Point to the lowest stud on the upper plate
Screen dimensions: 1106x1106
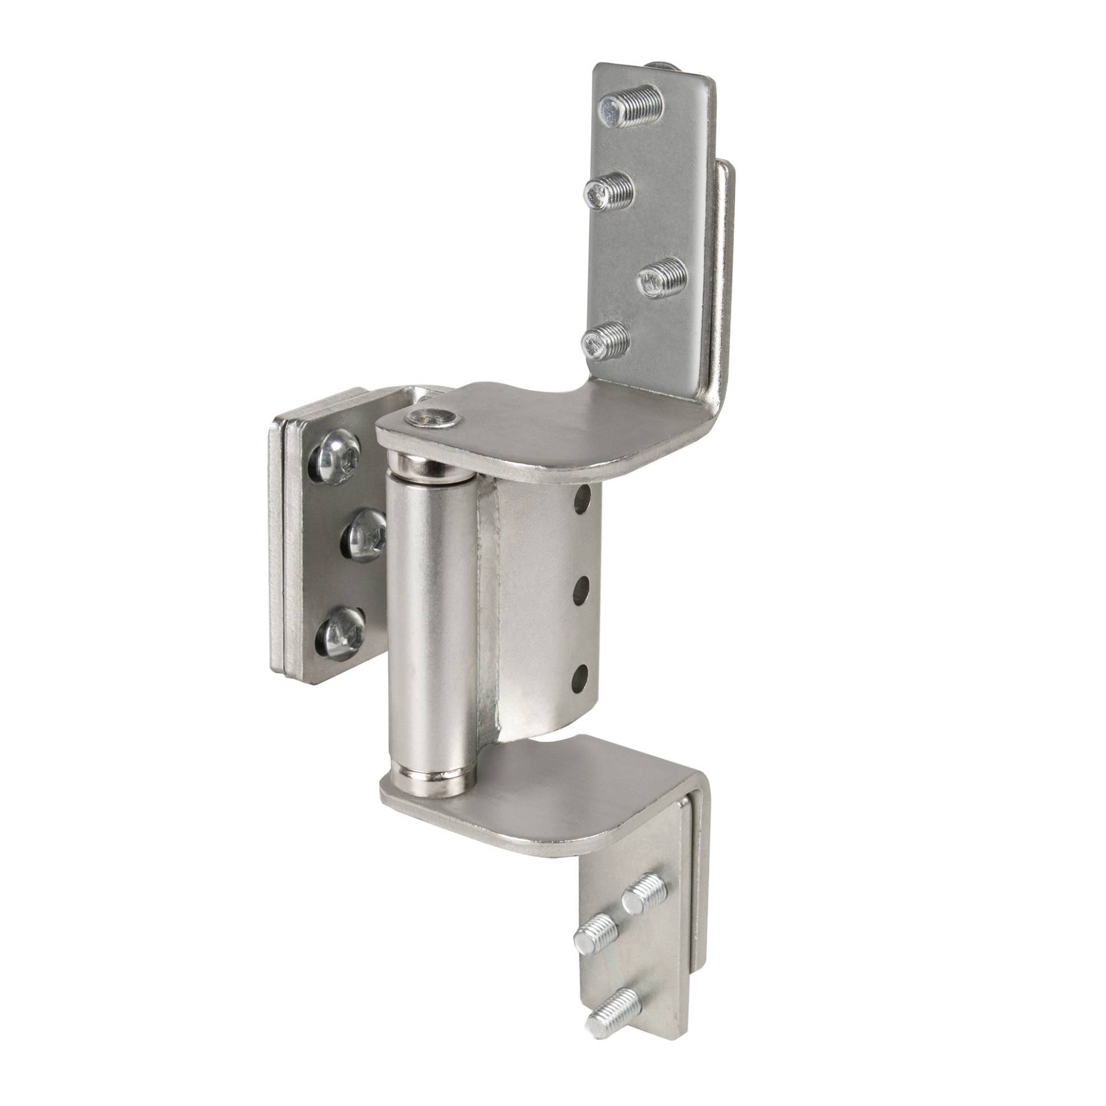pyautogui.click(x=604, y=339)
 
